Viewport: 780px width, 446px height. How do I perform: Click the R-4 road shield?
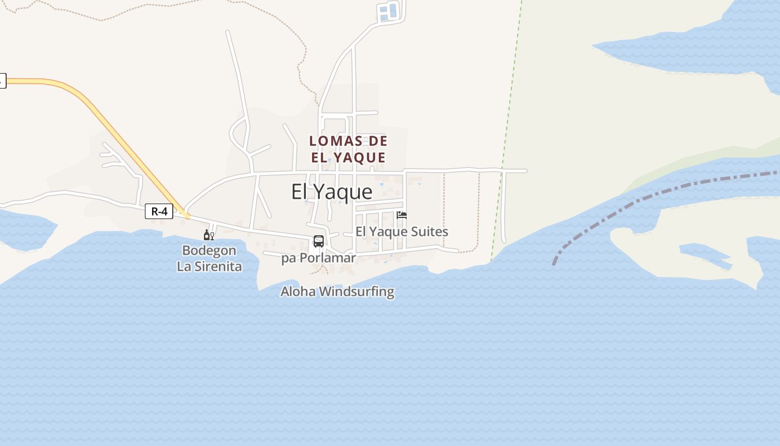[159, 211]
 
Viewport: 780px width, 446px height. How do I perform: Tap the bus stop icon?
[319, 241]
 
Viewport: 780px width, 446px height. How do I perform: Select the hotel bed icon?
[402, 215]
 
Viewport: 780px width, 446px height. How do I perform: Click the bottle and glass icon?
[209, 235]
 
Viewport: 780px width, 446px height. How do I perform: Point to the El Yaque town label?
[331, 192]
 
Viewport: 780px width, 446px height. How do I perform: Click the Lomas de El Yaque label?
[348, 149]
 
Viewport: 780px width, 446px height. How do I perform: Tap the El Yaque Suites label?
[402, 231]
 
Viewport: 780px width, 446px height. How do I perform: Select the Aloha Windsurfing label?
[337, 291]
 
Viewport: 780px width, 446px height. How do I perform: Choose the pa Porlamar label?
[318, 258]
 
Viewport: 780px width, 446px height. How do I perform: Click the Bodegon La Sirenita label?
[209, 258]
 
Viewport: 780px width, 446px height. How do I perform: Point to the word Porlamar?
[327, 258]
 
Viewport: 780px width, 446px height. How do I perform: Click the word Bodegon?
[209, 250]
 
